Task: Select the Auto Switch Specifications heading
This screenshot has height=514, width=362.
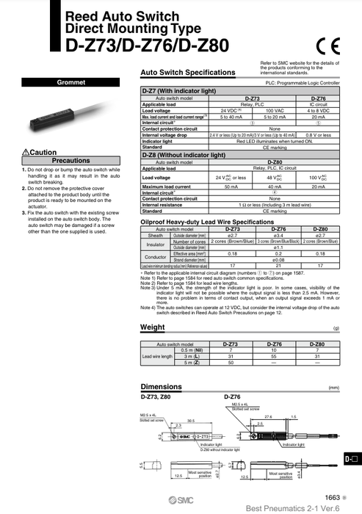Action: pyautogui.click(x=187, y=73)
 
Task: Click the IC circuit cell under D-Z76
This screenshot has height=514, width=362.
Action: pyautogui.click(x=319, y=104)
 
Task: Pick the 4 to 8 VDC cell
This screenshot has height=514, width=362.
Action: pyautogui.click(x=319, y=110)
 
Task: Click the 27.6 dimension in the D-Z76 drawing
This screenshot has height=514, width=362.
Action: pyautogui.click(x=269, y=416)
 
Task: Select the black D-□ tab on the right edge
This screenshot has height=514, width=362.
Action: pyautogui.click(x=352, y=459)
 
